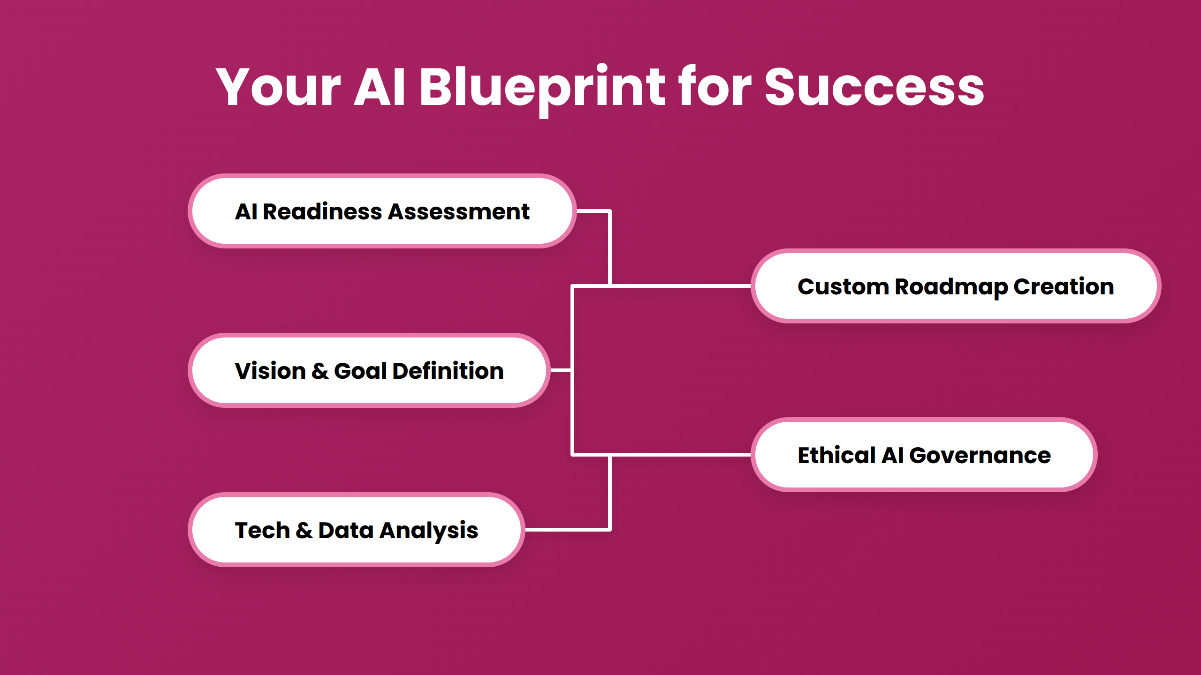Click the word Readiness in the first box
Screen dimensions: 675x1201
tap(322, 212)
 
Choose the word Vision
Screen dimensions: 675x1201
tap(270, 371)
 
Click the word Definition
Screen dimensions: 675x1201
tap(448, 371)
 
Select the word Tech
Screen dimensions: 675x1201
tap(262, 531)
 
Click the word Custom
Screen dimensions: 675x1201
tap(843, 286)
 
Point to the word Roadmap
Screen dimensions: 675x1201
tap(951, 286)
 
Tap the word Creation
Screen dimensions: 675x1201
tap(1064, 286)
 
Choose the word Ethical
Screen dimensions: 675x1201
tap(836, 456)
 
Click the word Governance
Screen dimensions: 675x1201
tap(980, 456)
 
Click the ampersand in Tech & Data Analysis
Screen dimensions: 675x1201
tap(304, 531)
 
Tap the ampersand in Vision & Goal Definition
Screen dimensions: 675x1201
tap(320, 371)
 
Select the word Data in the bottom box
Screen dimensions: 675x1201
tap(346, 531)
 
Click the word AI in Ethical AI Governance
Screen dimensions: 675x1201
tap(892, 456)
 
